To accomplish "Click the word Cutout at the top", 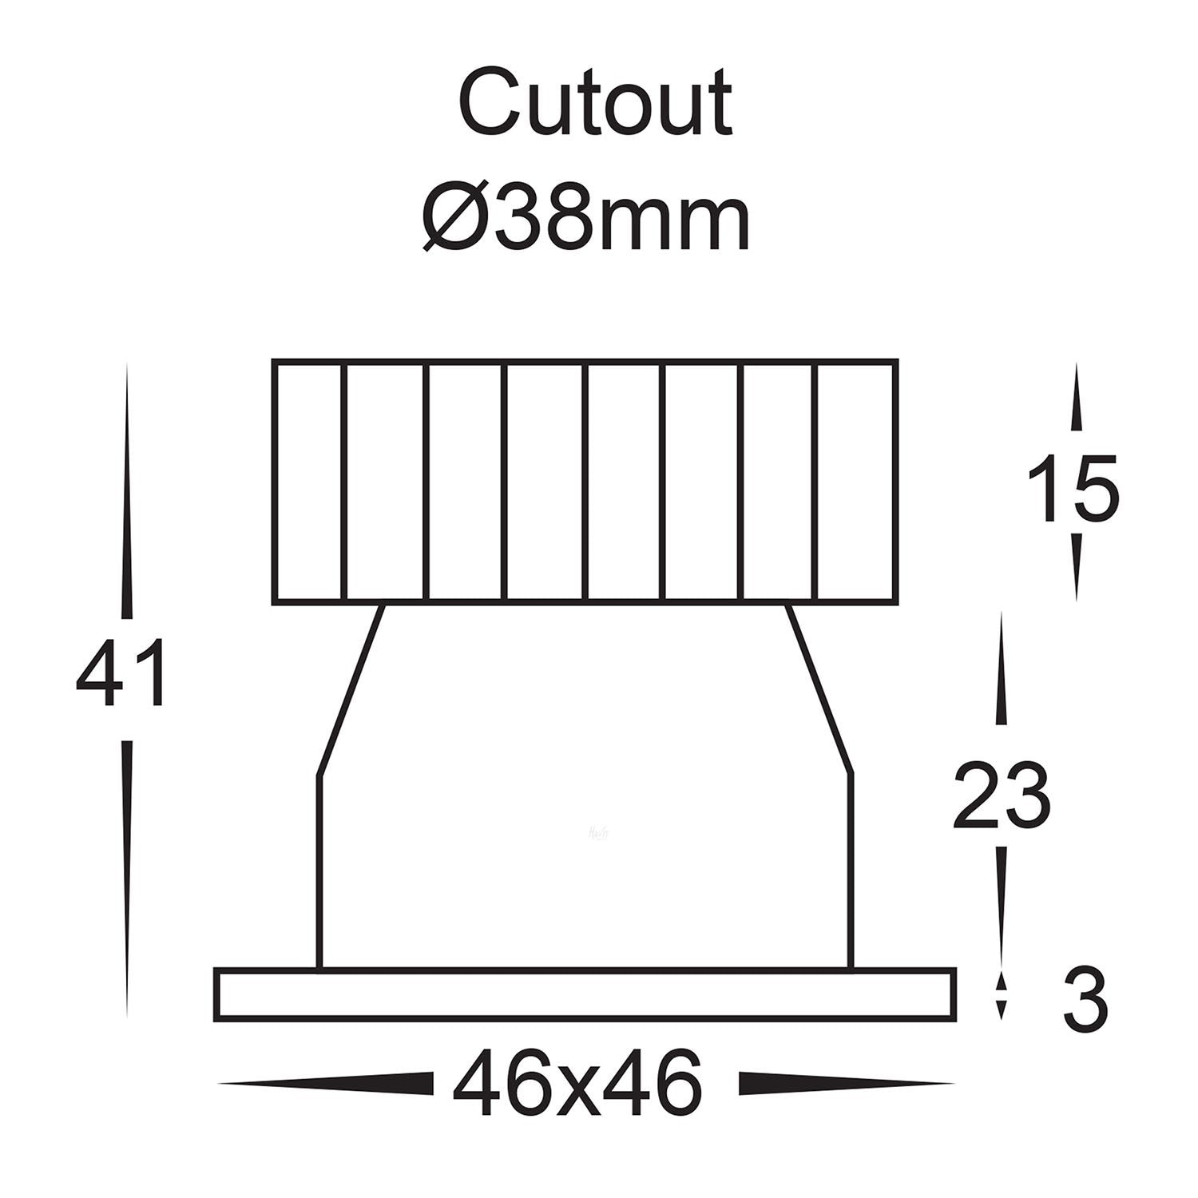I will pos(595,104).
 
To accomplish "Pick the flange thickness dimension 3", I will pos(1085,1000).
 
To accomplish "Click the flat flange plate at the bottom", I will pos(585,994).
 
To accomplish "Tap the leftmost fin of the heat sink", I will pos(309,482).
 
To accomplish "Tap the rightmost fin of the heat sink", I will pos(856,482).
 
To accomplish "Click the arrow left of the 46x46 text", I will pos(327,1084).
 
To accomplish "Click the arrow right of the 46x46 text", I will pos(847,1084).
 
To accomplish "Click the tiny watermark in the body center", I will pos(597,832).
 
